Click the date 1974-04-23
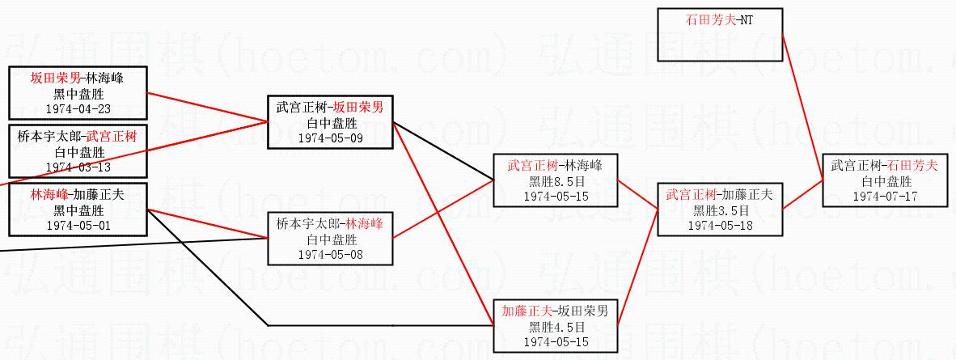coord(78,109)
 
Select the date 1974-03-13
coord(78,167)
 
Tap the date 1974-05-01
coord(78,225)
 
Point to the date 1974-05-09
coord(331,138)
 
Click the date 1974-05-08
coord(331,255)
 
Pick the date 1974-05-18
coord(720,225)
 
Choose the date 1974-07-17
coord(885,196)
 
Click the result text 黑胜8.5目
coord(555,181)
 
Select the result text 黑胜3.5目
coord(720,210)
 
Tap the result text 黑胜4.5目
coord(556,327)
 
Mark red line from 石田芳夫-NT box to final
coord(802,107)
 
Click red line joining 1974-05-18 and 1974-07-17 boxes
coord(803,194)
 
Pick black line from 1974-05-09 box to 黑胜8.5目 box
coord(442,151)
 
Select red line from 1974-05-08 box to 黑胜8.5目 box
coord(442,210)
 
